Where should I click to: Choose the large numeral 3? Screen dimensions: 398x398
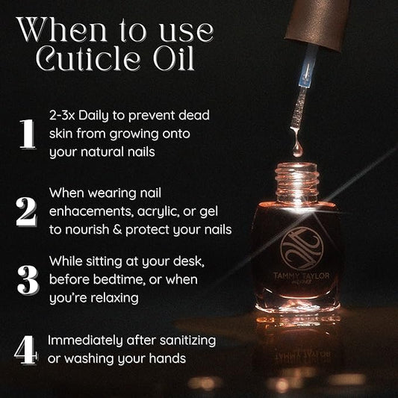click(27, 279)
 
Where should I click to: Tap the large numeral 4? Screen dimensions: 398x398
click(26, 349)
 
